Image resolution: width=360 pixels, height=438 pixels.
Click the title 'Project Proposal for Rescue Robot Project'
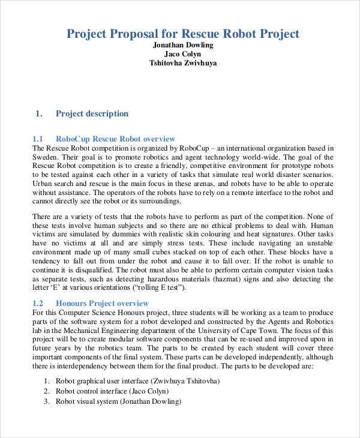pos(182,34)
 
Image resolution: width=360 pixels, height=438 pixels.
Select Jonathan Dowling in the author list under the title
pos(183,45)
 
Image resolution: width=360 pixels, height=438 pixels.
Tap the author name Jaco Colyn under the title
pos(183,54)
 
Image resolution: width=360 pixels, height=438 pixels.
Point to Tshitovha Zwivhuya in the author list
pos(183,63)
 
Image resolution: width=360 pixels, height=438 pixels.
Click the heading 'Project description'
pos(92,113)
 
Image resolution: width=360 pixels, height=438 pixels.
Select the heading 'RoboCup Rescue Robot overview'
pos(115,139)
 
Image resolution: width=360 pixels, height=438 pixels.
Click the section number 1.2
pos(38,303)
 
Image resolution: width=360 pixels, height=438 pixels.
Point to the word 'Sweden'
pos(45,156)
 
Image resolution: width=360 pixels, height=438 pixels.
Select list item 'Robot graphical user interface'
pos(106,381)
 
